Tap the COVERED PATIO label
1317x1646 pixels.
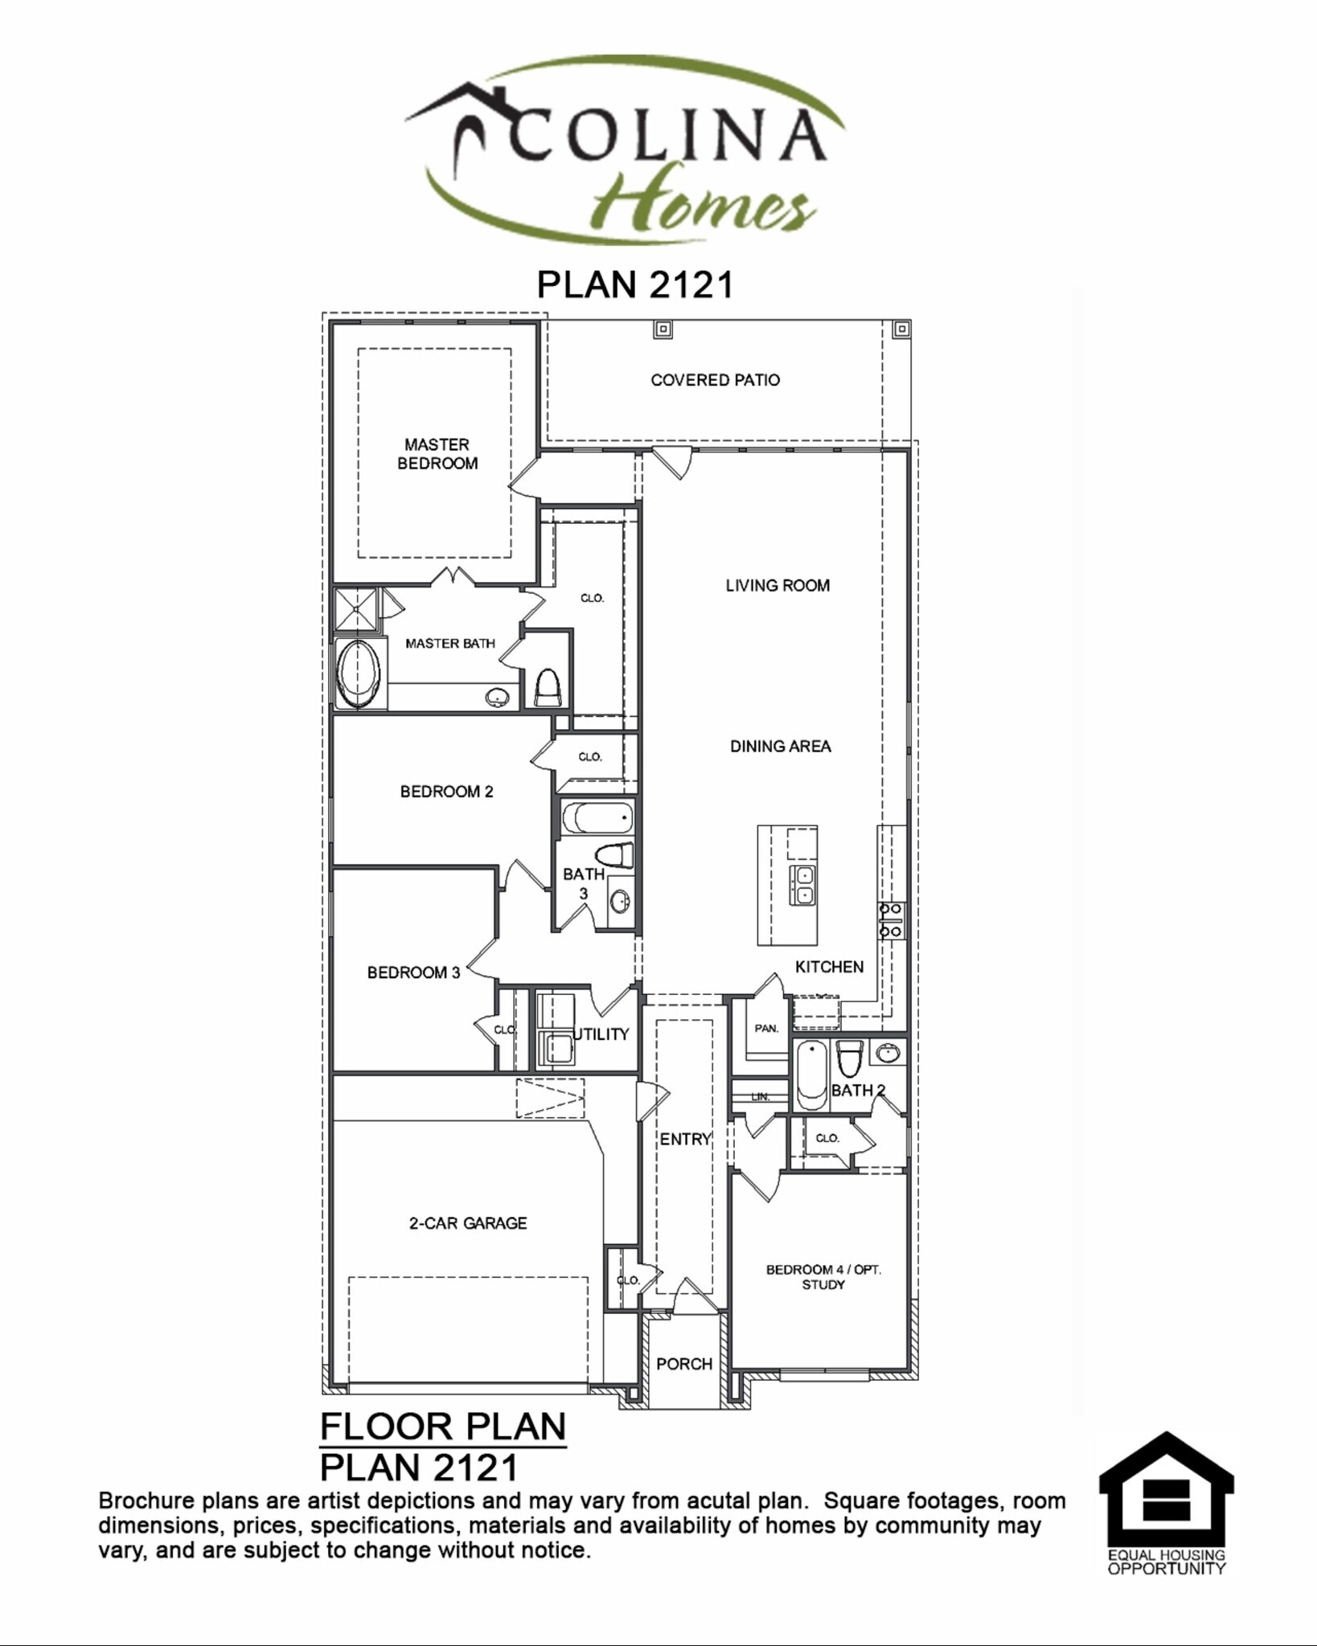point(715,380)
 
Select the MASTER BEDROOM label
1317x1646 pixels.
point(437,454)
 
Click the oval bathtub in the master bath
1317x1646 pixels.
point(359,674)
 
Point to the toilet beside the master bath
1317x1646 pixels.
point(548,688)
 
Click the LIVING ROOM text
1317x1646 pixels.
point(777,586)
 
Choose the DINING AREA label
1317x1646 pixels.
point(780,747)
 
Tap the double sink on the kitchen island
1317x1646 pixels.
point(803,884)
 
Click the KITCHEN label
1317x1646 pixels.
point(829,967)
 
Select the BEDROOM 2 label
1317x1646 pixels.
point(446,792)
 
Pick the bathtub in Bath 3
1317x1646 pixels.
point(597,820)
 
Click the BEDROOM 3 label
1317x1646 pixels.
point(413,972)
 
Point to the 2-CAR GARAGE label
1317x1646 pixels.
point(468,1223)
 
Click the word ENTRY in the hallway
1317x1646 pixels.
point(685,1139)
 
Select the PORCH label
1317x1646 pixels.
point(684,1364)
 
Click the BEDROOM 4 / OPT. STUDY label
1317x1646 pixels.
point(823,1277)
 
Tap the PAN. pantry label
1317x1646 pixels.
point(766,1029)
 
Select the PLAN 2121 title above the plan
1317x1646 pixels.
point(635,285)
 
